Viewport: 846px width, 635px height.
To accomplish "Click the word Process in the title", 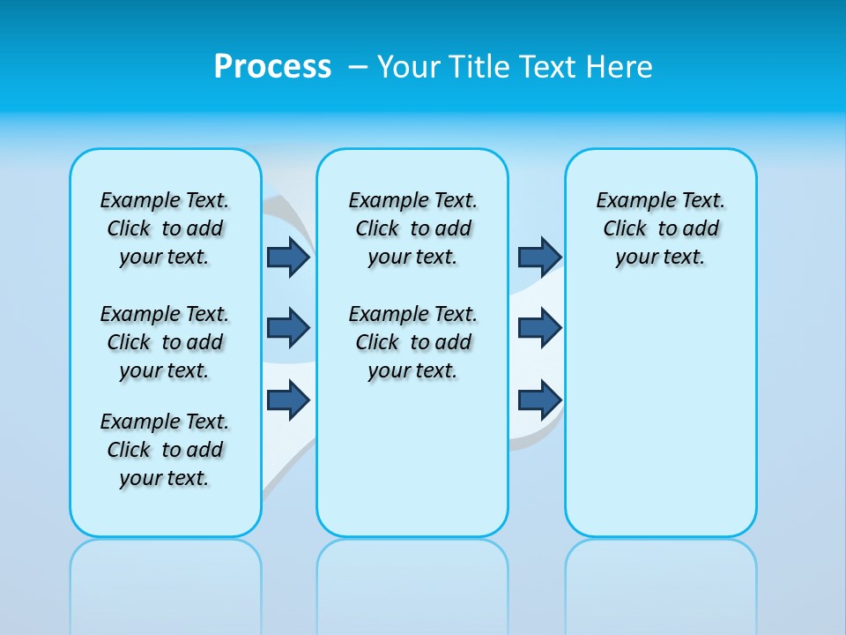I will pos(272,67).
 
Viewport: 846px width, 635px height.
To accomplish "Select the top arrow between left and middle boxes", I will pos(288,257).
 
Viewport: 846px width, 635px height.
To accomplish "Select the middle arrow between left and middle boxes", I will pos(288,328).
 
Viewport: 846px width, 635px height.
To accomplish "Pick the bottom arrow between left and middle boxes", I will pos(288,400).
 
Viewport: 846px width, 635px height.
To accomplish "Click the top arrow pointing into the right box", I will pos(539,257).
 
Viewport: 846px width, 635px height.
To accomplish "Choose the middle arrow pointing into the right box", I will pos(539,328).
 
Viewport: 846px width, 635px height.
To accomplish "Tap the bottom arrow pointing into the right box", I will pos(539,400).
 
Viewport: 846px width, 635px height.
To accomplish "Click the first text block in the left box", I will pos(165,228).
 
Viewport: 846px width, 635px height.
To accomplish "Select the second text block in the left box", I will pos(165,342).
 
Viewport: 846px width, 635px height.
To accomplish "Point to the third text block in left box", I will pos(165,450).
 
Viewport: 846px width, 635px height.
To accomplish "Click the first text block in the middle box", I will pos(412,228).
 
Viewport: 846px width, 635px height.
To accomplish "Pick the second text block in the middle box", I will pos(412,342).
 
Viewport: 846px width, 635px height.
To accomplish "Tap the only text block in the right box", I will pos(660,228).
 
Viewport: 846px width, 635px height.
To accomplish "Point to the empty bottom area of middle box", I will pos(412,467).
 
